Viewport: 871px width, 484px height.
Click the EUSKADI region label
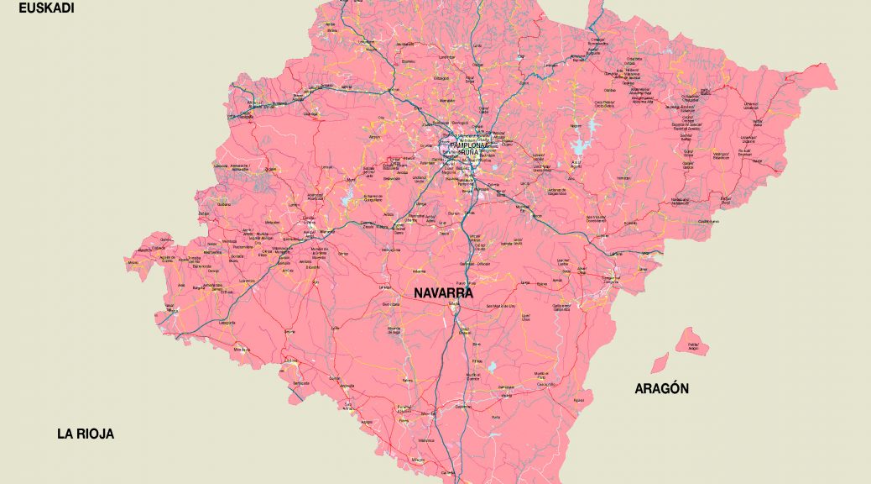[x=47, y=8]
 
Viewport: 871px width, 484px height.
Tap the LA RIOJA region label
[x=85, y=434]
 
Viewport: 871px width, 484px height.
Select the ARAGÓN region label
[x=661, y=388]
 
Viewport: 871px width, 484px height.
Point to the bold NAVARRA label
[x=443, y=294]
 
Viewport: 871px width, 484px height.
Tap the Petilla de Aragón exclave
[x=692, y=344]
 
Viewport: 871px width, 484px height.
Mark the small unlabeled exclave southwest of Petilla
[x=660, y=363]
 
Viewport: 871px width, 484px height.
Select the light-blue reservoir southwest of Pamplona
[x=348, y=199]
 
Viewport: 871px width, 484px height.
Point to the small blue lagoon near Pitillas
[x=493, y=367]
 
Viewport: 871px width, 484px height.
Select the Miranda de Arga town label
[x=394, y=330]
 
